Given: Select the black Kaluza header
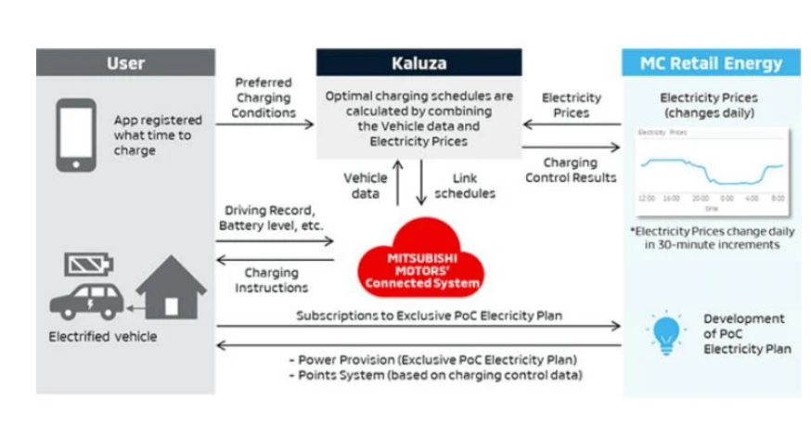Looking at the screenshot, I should point(418,64).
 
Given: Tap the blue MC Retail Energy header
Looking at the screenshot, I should point(711,64).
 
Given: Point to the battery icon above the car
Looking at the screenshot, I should point(90,265).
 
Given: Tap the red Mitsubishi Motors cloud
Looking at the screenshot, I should point(421,259).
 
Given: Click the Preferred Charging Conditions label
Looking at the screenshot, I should point(265,97).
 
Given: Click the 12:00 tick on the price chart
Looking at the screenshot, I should point(647,199).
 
